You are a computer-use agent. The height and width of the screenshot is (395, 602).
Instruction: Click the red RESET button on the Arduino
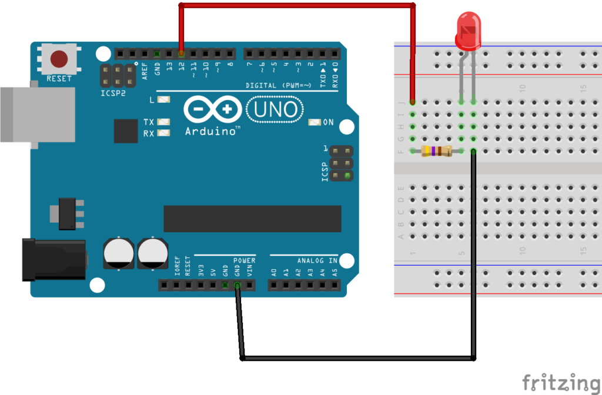[59, 59]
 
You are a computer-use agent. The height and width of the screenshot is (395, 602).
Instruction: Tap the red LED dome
[468, 31]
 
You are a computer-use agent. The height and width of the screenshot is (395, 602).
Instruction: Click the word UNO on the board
[275, 109]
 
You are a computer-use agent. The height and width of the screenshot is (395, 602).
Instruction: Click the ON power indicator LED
[315, 122]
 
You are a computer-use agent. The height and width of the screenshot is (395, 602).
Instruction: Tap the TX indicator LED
[163, 122]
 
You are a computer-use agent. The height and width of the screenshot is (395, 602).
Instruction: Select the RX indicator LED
[163, 133]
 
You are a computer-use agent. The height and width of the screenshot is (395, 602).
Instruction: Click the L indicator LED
[163, 100]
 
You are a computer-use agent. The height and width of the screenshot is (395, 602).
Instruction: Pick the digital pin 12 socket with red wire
[182, 53]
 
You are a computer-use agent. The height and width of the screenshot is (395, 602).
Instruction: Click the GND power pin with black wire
[237, 286]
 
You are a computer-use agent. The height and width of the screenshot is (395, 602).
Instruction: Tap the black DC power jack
[53, 259]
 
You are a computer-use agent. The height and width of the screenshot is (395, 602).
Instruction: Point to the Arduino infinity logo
[213, 109]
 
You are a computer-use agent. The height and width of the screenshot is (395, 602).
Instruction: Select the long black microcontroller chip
[252, 219]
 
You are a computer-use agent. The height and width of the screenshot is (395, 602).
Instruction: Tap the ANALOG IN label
[317, 260]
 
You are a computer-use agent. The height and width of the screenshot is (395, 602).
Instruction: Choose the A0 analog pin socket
[273, 286]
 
